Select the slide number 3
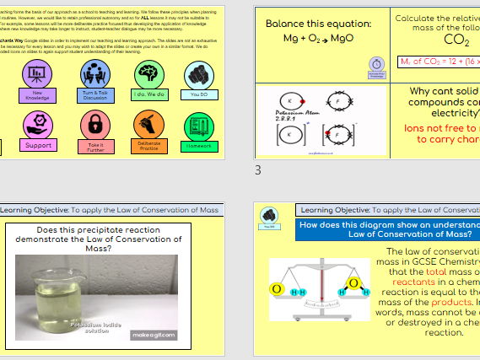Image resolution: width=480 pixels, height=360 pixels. pos(259,169)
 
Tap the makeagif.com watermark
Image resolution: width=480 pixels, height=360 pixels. pos(153,335)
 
